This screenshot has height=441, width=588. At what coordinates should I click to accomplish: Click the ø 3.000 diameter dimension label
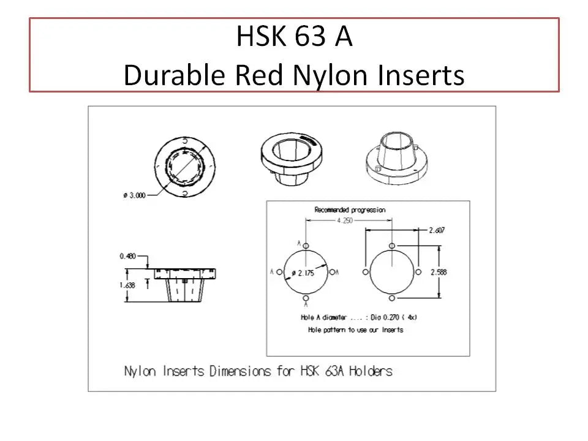(134, 195)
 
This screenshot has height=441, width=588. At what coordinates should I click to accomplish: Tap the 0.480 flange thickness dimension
(127, 256)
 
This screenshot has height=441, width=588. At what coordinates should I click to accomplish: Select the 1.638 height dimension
(127, 285)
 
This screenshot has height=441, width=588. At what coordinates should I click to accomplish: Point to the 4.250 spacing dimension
(345, 221)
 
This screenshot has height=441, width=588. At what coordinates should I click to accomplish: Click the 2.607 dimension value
(437, 230)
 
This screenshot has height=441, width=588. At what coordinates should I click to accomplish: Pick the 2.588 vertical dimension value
(439, 272)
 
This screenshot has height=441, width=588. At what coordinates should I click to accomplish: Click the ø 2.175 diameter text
(303, 273)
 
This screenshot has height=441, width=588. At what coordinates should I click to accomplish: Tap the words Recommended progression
(350, 210)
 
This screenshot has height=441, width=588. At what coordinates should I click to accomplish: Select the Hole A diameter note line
(359, 317)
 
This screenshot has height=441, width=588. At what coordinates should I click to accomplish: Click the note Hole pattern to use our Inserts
(356, 330)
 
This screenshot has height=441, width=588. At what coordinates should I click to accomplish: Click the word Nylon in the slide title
(330, 75)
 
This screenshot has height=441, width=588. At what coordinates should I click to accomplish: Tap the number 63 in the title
(310, 36)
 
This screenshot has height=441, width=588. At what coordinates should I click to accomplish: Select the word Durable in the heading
(174, 74)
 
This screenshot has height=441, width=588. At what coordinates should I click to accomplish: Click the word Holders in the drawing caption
(371, 371)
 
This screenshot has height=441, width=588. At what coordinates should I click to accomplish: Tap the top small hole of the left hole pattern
(306, 246)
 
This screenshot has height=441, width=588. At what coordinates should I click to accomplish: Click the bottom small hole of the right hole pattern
(392, 298)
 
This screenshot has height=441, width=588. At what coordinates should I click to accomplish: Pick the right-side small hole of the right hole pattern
(418, 272)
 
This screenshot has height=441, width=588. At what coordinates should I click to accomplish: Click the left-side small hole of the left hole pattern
(279, 272)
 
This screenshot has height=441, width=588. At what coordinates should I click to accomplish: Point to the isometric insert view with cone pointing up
(397, 157)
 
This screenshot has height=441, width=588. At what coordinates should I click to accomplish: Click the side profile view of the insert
(185, 285)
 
